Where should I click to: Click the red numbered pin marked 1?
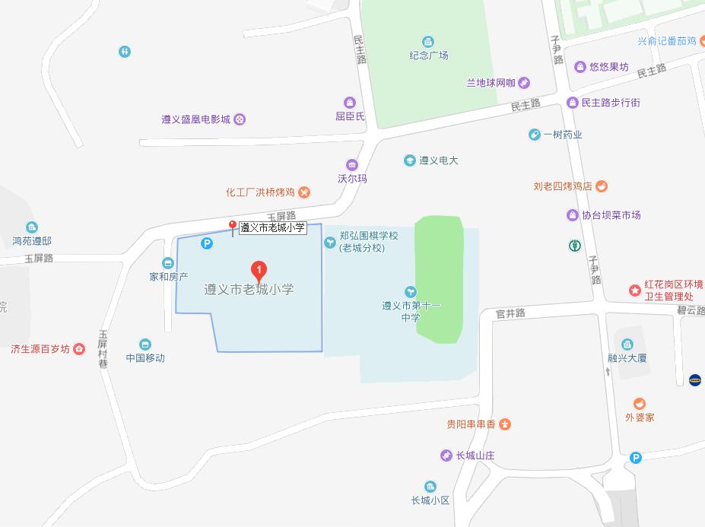[259, 270]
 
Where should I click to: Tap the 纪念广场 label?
[429, 55]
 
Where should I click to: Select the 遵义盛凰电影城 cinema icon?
[240, 119]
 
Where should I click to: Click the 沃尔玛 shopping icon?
[351, 165]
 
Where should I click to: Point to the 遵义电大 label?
[439, 160]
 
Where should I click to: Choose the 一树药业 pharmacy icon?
[535, 135]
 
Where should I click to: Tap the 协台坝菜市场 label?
[611, 215]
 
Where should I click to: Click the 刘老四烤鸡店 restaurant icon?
[602, 186]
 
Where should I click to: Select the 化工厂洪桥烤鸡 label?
[261, 192]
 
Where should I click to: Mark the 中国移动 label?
[145, 357]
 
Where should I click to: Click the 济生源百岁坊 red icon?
[79, 349]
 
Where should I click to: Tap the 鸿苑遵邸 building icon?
[32, 227]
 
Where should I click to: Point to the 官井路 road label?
[510, 313]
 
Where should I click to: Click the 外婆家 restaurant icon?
[640, 404]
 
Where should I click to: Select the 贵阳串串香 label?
[471, 424]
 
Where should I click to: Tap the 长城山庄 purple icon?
[446, 456]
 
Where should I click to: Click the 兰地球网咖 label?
[491, 83]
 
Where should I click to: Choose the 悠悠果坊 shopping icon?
[580, 67]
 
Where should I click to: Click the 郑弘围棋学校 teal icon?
[330, 242]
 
